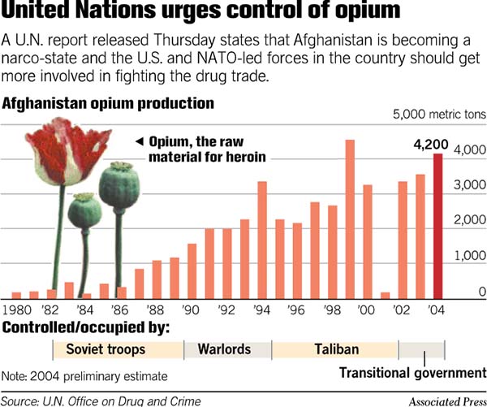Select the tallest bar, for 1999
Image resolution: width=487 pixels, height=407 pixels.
point(350,219)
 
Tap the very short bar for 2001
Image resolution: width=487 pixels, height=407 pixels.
point(385,295)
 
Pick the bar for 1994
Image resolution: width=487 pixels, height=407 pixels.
point(262,240)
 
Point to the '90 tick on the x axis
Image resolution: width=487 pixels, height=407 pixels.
point(192,310)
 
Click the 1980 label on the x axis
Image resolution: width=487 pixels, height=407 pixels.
point(16,310)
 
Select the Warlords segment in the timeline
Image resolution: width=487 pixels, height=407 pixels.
point(228,349)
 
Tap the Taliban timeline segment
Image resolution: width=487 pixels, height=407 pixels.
point(335,349)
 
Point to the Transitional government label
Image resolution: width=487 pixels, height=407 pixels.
point(412,373)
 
